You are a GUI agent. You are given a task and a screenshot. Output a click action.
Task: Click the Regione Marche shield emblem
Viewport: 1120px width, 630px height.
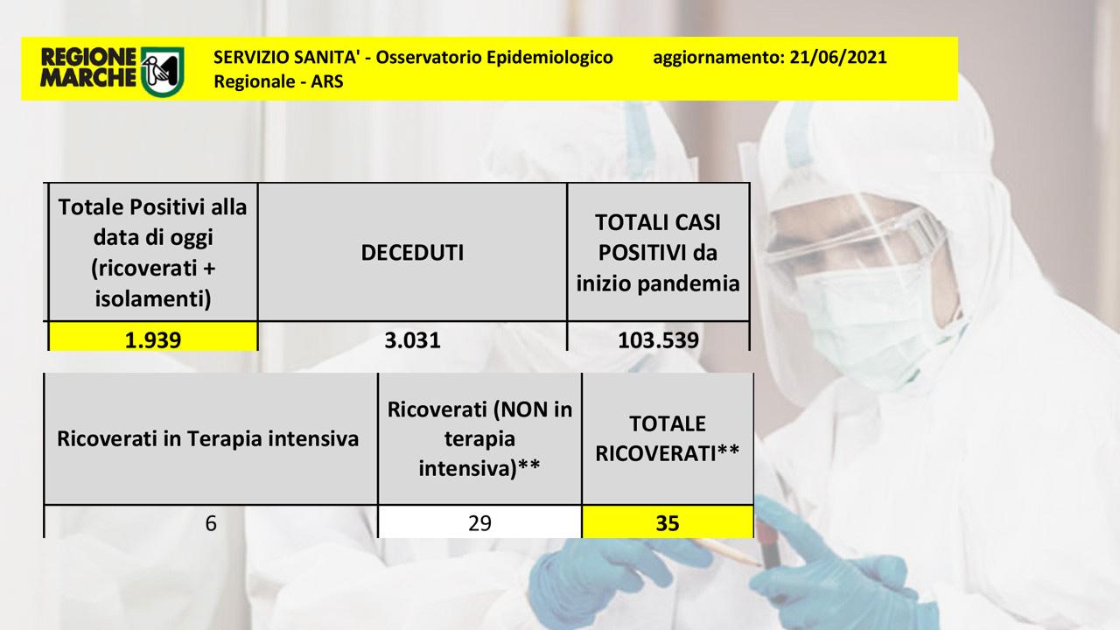[163, 72]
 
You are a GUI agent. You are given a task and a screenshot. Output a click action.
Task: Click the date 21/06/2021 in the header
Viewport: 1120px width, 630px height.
[838, 57]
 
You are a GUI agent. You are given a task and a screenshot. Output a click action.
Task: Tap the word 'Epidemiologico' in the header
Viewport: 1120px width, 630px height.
[549, 58]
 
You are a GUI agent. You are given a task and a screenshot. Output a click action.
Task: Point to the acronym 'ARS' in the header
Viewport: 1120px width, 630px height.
[327, 81]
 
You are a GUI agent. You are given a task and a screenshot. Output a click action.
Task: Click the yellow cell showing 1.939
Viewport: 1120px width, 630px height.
[153, 337]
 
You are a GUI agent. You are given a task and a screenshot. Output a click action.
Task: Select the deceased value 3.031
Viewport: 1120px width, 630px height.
[412, 340]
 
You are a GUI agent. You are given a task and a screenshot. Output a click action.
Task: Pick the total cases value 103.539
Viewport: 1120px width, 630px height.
[658, 340]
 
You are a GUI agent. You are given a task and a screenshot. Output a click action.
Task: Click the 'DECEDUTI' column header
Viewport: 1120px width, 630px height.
[412, 253]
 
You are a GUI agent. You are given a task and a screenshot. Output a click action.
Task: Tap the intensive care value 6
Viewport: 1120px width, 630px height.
[211, 523]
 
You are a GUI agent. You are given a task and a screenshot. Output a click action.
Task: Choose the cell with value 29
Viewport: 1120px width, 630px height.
[480, 522]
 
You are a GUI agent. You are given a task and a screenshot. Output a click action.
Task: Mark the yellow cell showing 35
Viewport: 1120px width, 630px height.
[668, 522]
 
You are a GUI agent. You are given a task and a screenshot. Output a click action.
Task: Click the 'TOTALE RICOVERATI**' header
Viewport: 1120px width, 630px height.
[667, 438]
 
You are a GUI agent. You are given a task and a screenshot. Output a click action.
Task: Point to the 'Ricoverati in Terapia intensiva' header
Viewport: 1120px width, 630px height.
[207, 439]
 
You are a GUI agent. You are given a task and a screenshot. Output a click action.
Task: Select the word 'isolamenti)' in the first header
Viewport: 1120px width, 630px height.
[153, 299]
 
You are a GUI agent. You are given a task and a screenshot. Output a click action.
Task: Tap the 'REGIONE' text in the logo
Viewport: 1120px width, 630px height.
[88, 57]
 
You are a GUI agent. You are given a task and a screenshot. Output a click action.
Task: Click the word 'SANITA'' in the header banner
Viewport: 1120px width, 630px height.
[327, 58]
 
